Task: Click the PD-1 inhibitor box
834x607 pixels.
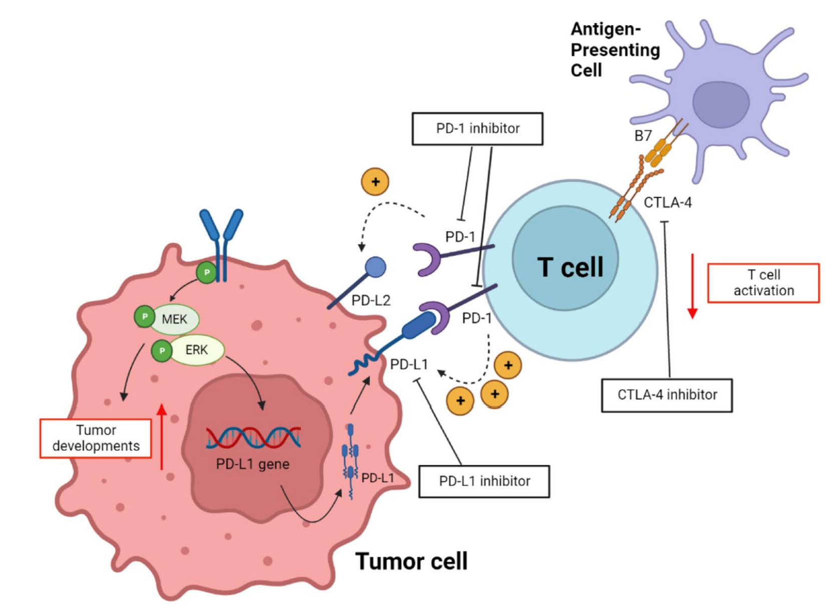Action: [477, 129]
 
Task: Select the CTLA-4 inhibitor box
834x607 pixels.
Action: [667, 396]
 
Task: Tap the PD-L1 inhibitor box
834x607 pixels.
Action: [484, 481]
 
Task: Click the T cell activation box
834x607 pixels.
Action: [763, 283]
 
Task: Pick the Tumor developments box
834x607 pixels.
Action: [96, 438]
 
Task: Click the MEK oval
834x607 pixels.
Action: [174, 319]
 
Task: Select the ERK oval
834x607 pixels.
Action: [196, 350]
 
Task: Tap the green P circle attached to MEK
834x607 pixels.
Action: [145, 317]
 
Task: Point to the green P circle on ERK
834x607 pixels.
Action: [162, 351]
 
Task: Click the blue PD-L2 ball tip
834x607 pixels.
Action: [375, 267]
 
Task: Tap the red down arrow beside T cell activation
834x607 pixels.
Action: [692, 286]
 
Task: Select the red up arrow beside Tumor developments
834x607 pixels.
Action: [161, 437]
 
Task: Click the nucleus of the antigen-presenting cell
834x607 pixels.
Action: [721, 105]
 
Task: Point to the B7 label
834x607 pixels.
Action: [643, 136]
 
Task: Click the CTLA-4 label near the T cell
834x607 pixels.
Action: [668, 202]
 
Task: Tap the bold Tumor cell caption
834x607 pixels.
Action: [411, 561]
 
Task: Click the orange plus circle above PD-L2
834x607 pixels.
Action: [375, 182]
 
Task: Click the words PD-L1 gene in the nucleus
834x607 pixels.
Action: [253, 464]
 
